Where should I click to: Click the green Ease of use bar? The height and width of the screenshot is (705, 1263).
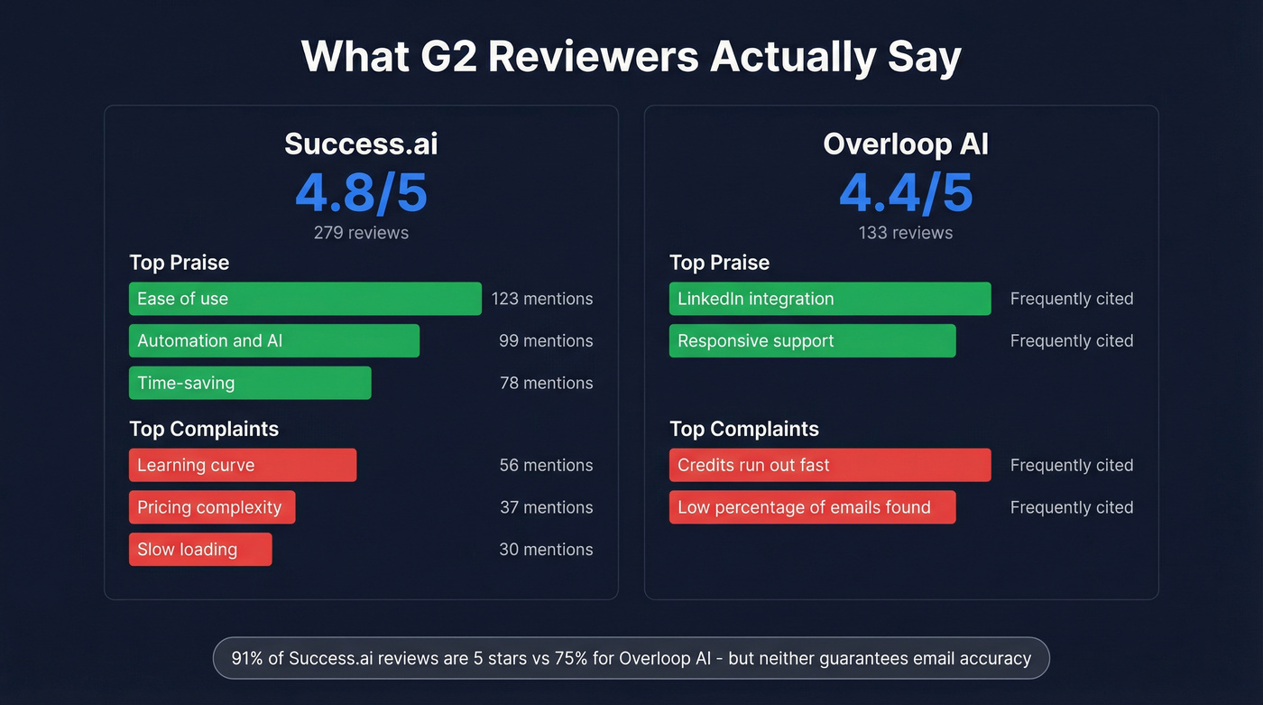pyautogui.click(x=305, y=299)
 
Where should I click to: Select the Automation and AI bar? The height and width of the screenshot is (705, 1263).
pyautogui.click(x=274, y=340)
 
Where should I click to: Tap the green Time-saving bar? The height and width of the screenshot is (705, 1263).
pyautogui.click(x=250, y=383)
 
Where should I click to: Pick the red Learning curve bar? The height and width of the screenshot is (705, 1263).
pyautogui.click(x=243, y=465)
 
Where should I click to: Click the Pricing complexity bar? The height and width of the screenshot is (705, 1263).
pyautogui.click(x=212, y=507)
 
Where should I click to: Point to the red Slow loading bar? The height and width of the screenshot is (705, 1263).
pyautogui.click(x=200, y=549)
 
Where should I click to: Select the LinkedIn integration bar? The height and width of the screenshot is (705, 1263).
pyautogui.click(x=830, y=299)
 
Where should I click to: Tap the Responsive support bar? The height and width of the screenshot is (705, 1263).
pyautogui.click(x=812, y=340)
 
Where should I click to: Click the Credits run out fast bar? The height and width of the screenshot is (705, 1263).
pyautogui.click(x=830, y=465)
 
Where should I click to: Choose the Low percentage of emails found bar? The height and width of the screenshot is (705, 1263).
pyautogui.click(x=812, y=507)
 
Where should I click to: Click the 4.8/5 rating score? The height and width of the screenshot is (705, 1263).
pyautogui.click(x=361, y=192)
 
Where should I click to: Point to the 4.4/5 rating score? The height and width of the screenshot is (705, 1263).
pyautogui.click(x=906, y=192)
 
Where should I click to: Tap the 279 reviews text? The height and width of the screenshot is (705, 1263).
pyautogui.click(x=361, y=233)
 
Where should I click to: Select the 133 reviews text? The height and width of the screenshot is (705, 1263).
pyautogui.click(x=906, y=233)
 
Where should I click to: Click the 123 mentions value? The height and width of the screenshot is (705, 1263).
pyautogui.click(x=542, y=299)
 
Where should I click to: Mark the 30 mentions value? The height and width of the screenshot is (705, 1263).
pyautogui.click(x=546, y=549)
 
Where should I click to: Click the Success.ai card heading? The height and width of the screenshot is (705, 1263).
pyautogui.click(x=361, y=144)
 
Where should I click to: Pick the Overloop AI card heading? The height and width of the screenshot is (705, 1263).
pyautogui.click(x=906, y=144)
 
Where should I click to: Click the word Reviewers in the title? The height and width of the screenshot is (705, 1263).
pyautogui.click(x=593, y=56)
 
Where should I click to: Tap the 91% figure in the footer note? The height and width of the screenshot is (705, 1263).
pyautogui.click(x=247, y=658)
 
